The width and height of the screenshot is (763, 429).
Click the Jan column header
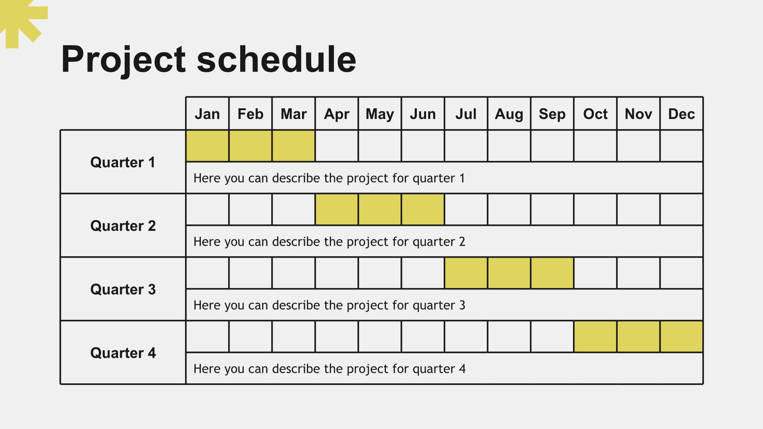click(207, 114)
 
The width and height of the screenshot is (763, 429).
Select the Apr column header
click(337, 114)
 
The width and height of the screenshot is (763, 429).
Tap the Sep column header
click(552, 114)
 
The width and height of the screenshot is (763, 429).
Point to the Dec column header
click(681, 114)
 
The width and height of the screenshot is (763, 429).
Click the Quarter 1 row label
click(123, 162)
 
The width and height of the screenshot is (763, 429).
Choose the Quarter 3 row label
click(123, 290)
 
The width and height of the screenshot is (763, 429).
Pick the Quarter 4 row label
click(123, 353)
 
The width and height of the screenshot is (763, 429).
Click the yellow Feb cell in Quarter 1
click(250, 146)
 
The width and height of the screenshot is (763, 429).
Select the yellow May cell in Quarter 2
click(380, 209)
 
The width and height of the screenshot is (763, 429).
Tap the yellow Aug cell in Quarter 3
click(509, 273)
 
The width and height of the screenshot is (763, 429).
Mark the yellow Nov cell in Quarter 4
click(638, 336)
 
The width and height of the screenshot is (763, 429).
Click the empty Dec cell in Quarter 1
click(681, 146)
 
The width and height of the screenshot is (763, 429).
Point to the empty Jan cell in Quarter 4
click(207, 336)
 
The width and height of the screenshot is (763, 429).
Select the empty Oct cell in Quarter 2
click(595, 209)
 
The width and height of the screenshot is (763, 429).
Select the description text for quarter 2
click(329, 242)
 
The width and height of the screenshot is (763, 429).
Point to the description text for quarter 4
click(330, 369)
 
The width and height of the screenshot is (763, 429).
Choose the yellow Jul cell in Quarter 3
click(466, 273)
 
